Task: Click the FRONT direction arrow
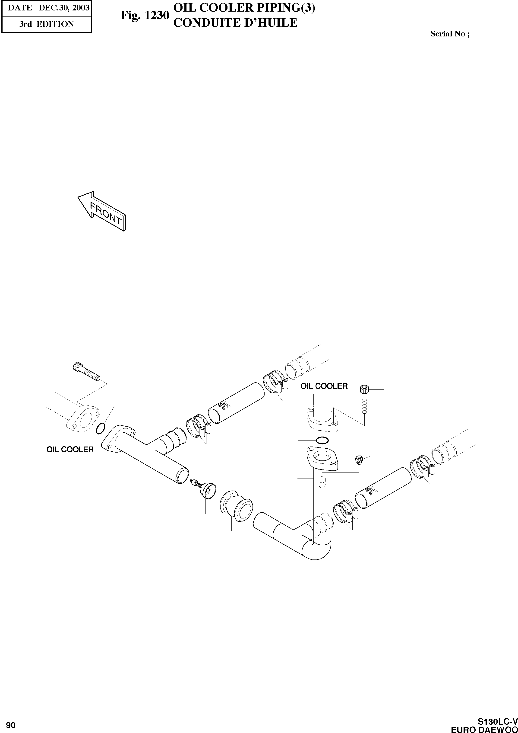click(x=102, y=212)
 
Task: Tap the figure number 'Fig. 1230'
click(x=144, y=15)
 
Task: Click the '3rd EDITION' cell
click(x=47, y=24)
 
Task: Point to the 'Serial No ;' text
click(x=450, y=34)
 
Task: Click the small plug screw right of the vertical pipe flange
click(x=359, y=460)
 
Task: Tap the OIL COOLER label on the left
click(x=70, y=450)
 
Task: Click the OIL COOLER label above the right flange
click(x=324, y=386)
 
